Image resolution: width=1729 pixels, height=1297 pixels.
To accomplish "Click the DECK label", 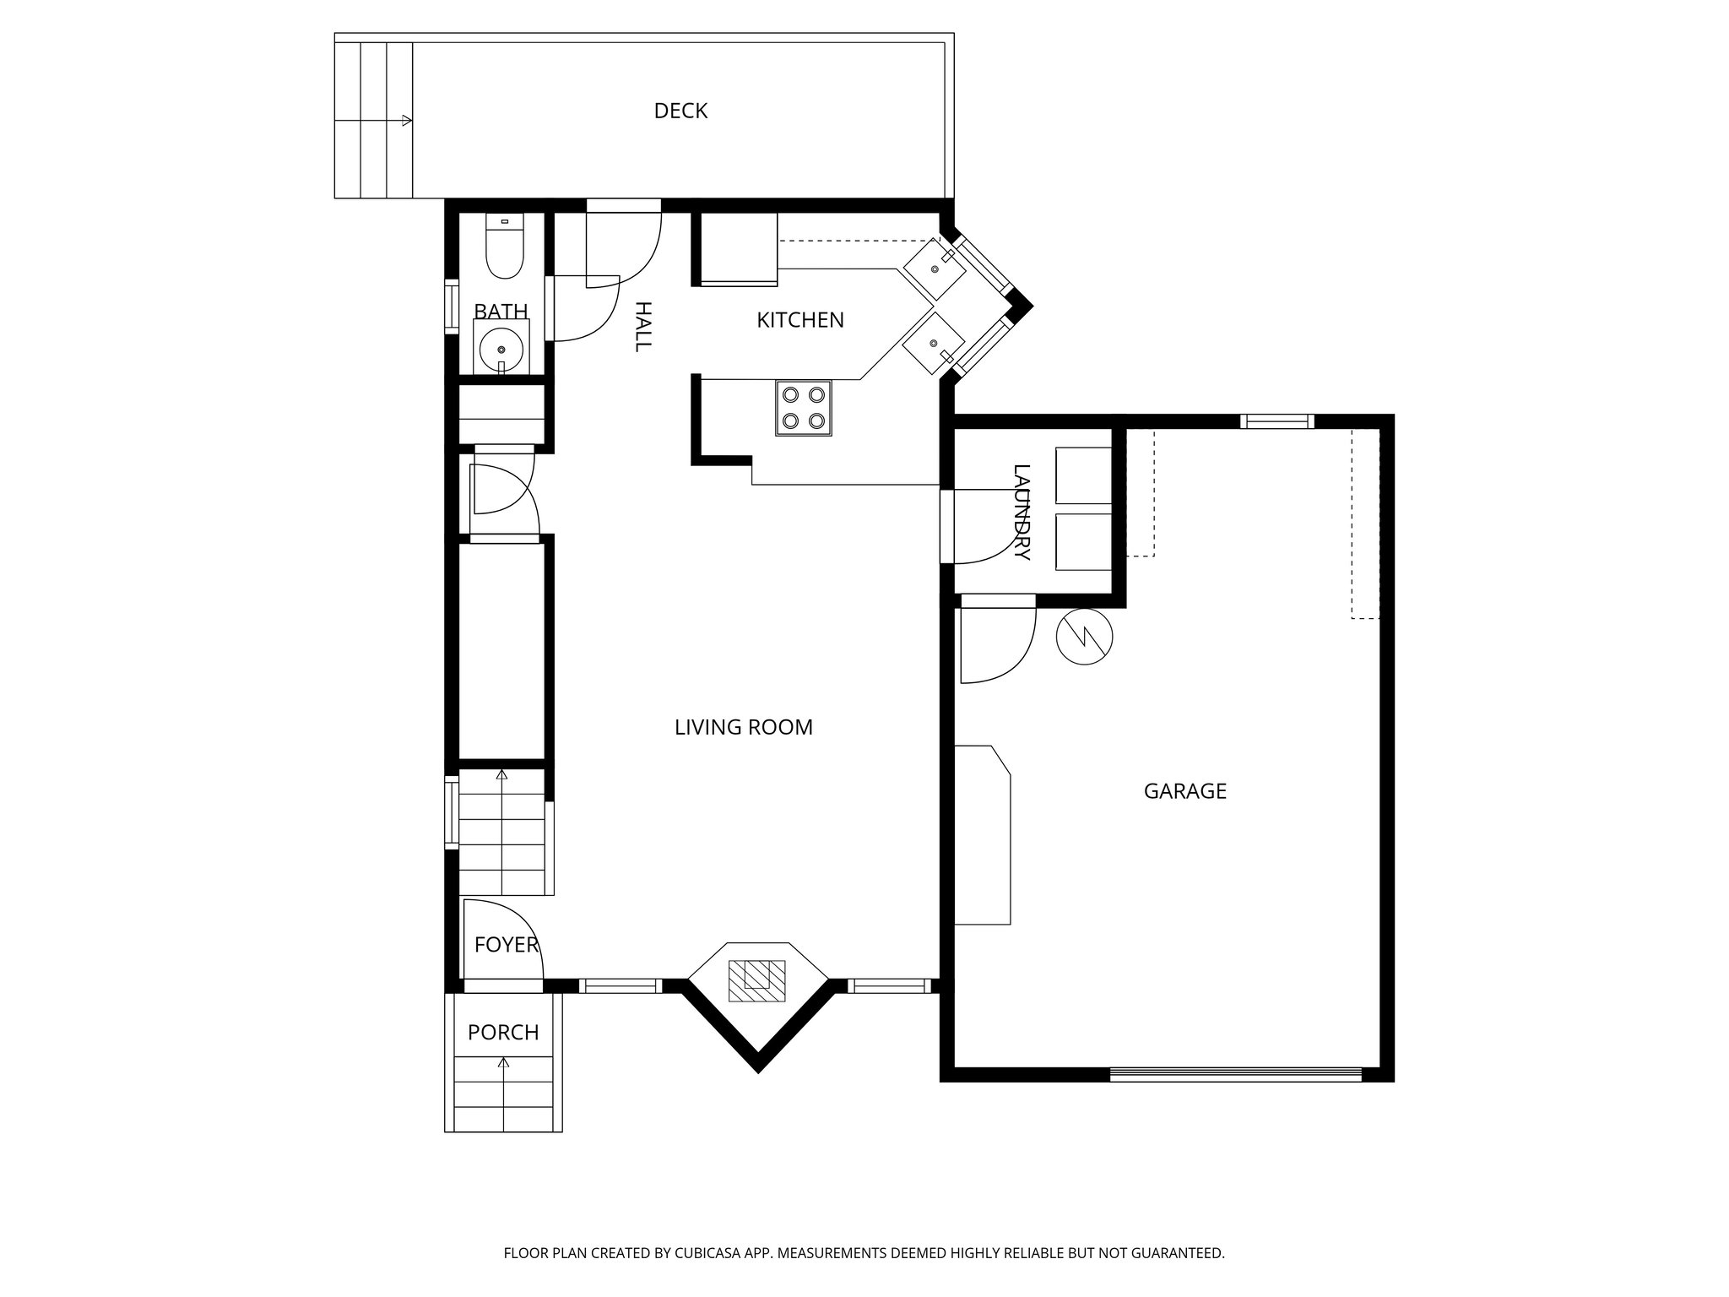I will click(x=680, y=111).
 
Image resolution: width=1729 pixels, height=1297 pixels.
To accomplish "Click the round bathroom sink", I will click(x=501, y=348).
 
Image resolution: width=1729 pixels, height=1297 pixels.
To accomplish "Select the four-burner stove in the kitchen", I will click(x=804, y=408).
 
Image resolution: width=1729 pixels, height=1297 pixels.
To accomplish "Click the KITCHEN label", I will click(x=799, y=320).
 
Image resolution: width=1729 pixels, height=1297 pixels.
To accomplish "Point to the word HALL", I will click(x=642, y=326).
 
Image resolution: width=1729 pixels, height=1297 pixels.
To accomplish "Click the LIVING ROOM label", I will click(x=743, y=727).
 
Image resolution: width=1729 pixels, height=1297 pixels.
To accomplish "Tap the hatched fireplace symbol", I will click(x=757, y=980).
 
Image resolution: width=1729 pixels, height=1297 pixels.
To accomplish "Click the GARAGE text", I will click(x=1184, y=791).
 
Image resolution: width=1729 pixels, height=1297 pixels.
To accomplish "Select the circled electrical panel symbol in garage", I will click(x=1085, y=636).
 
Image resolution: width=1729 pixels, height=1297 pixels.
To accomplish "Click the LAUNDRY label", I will click(x=1022, y=513).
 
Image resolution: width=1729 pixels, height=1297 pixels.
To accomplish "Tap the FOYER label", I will click(x=506, y=945).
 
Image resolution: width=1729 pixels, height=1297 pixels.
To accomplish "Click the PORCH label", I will click(x=503, y=1032).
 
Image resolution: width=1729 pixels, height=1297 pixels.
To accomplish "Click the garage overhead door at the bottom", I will click(x=1235, y=1075).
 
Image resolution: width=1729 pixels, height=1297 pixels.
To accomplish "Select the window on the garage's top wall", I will click(x=1276, y=421).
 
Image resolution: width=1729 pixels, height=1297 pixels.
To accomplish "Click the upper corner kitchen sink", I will click(x=935, y=269).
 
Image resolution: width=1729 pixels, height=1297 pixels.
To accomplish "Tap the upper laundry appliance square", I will click(x=1083, y=475).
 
